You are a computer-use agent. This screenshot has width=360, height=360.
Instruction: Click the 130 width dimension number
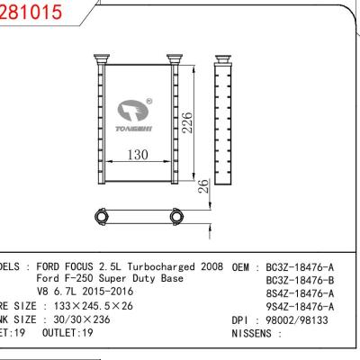click(x=138, y=155)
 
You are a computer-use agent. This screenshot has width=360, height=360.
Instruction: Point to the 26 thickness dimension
click(x=203, y=186)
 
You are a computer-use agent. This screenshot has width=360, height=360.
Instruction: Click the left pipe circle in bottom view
click(x=100, y=216)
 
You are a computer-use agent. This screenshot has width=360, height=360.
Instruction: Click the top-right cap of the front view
click(x=174, y=60)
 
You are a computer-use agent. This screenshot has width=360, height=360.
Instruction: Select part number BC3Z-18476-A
click(x=298, y=267)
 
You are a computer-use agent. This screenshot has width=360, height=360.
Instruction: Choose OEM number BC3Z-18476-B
click(x=298, y=280)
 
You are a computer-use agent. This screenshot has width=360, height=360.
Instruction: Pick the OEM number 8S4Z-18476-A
click(x=298, y=292)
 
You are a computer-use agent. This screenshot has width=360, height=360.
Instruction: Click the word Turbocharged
click(x=158, y=267)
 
